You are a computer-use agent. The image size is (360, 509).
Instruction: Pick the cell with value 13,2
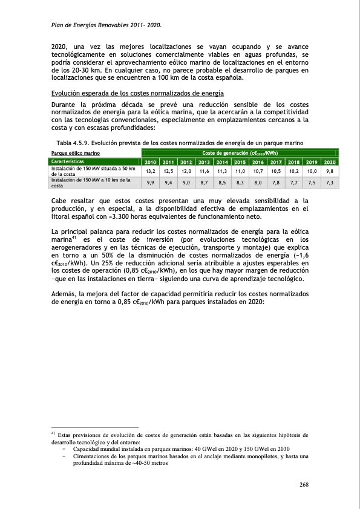[x=151, y=172]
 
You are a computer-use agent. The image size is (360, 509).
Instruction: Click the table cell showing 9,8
[x=330, y=172]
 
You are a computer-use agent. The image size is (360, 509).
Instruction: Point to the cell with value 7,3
[x=330, y=182]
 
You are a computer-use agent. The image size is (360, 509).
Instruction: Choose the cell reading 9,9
[x=151, y=182]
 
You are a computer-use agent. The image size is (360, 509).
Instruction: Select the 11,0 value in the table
[x=240, y=172]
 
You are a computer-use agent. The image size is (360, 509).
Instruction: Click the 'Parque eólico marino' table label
[x=76, y=154]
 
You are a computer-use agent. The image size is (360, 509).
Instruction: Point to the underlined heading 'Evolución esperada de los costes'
[x=137, y=93]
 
